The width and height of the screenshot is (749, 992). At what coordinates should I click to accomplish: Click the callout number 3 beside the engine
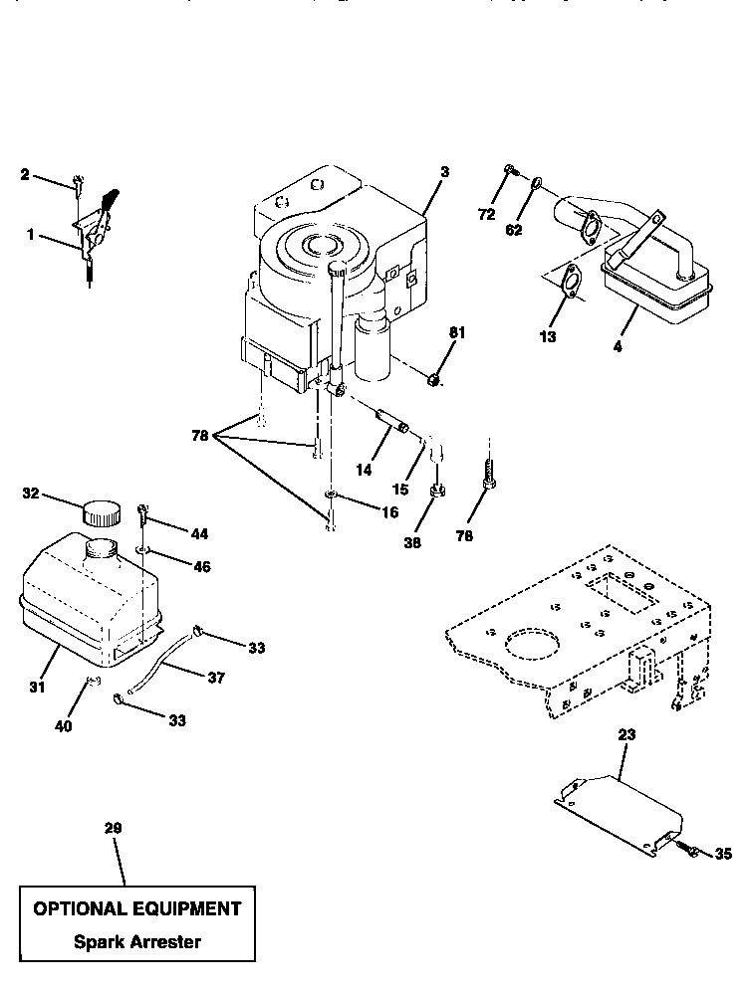tap(444, 172)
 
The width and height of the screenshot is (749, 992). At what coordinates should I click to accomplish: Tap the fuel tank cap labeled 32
tap(99, 513)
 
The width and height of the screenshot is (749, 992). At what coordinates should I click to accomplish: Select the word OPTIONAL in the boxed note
tap(84, 908)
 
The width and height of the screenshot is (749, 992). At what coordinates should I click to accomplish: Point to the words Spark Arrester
tap(136, 941)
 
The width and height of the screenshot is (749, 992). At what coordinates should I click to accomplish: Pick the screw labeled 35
tap(688, 851)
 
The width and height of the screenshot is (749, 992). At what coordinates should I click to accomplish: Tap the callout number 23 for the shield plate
tap(625, 735)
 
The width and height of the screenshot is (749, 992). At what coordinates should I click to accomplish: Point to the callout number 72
tap(485, 214)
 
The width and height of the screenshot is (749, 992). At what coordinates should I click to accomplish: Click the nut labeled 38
tap(436, 492)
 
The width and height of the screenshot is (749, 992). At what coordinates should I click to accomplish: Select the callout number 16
tap(362, 512)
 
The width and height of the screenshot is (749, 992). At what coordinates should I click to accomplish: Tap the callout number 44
tap(199, 534)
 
